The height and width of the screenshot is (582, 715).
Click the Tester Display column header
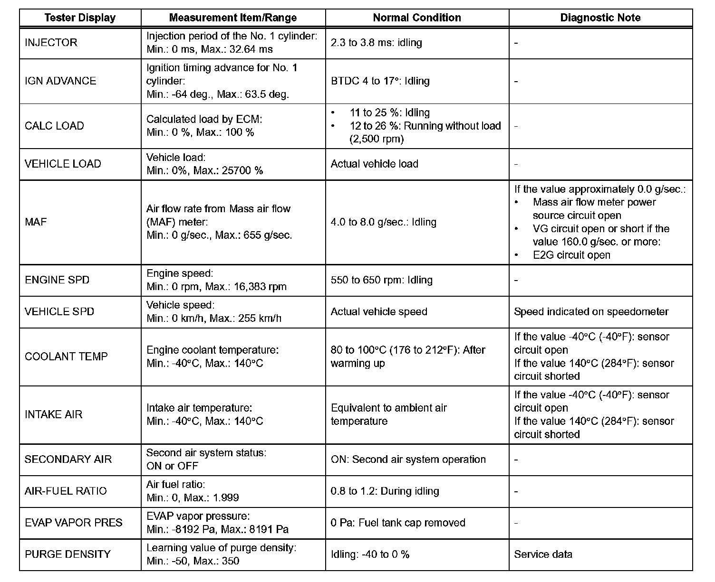coord(80,18)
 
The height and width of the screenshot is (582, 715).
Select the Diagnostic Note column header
coord(600,18)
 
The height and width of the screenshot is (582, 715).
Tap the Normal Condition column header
coord(416,18)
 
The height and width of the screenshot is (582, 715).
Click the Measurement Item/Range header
coord(233,18)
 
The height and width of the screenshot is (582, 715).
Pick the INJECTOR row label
coord(51,43)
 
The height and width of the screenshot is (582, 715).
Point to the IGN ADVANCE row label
coord(60,81)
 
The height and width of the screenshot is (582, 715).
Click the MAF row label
coord(36,222)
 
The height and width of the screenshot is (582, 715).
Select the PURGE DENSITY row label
coord(68,554)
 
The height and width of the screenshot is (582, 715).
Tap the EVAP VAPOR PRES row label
coord(74,523)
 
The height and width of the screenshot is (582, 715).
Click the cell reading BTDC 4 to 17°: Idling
coord(380,81)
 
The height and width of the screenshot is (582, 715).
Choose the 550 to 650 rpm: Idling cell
coord(381,280)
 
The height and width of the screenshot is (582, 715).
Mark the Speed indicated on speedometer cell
coord(591,312)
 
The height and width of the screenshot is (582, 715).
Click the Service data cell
coord(543,554)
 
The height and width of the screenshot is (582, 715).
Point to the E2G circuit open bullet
coord(571,255)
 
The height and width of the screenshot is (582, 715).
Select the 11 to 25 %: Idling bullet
coord(389,113)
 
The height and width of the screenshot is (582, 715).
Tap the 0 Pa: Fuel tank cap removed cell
coord(397,523)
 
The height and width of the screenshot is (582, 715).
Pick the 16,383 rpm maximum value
coord(259,287)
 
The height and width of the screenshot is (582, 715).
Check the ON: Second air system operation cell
coord(408,460)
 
